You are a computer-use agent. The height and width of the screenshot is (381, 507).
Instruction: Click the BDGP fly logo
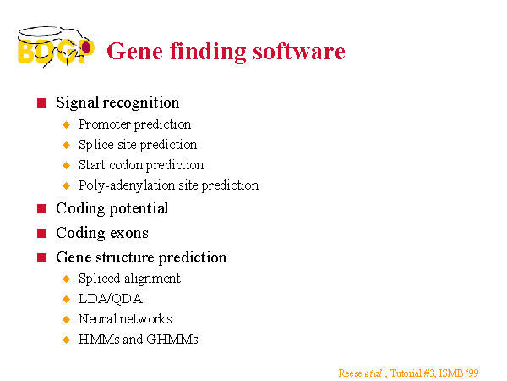tap(56, 47)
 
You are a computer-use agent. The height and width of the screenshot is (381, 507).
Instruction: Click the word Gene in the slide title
tap(134, 51)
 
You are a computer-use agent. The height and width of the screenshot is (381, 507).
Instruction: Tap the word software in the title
tap(299, 51)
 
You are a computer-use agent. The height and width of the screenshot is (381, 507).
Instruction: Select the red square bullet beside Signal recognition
tap(41, 103)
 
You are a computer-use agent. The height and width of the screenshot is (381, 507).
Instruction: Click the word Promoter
tap(104, 124)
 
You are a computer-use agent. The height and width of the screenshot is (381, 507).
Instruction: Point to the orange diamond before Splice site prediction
tap(66, 145)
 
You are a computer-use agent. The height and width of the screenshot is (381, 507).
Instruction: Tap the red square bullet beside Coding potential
tap(41, 208)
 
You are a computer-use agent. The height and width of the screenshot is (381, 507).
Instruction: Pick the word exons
tap(129, 234)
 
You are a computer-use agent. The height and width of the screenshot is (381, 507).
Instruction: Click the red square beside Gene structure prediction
tap(41, 258)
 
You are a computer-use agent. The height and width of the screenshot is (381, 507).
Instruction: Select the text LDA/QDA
tap(110, 299)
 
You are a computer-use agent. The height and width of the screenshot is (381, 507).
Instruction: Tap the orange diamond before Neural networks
tap(66, 320)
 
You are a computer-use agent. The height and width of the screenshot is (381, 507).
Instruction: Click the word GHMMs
tap(172, 340)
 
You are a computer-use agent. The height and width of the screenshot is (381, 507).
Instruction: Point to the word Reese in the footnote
tap(350, 373)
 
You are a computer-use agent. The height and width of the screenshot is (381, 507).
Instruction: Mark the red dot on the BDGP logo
tap(86, 47)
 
